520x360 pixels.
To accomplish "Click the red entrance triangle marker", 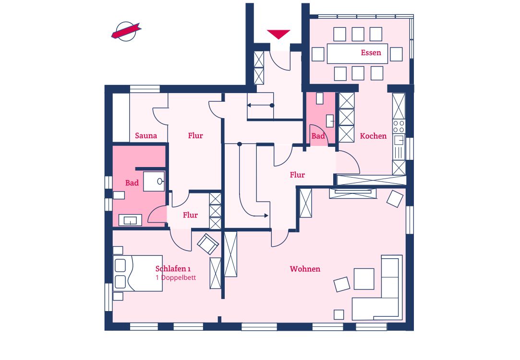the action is pyautogui.click(x=278, y=34).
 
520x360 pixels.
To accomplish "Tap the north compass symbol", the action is pyautogui.click(x=126, y=32).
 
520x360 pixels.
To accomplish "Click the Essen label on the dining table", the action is pyautogui.click(x=371, y=52).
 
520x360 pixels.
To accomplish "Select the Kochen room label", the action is pyautogui.click(x=373, y=136).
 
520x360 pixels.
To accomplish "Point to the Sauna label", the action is pyautogui.click(x=146, y=135).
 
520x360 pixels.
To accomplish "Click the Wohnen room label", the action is pyautogui.click(x=305, y=269).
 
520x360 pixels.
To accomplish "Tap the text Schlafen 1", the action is pyautogui.click(x=173, y=268).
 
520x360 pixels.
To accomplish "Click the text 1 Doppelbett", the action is pyautogui.click(x=176, y=277).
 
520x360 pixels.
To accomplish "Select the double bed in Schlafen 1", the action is pyautogui.click(x=138, y=273).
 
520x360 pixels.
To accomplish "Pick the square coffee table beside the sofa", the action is pyautogui.click(x=364, y=279).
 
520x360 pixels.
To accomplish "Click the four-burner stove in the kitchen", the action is pyautogui.click(x=399, y=126).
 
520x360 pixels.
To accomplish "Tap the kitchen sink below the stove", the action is pyautogui.click(x=399, y=140).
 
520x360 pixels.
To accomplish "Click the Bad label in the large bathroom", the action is pyautogui.click(x=132, y=183).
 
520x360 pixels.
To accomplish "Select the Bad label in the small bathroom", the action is pyautogui.click(x=318, y=136).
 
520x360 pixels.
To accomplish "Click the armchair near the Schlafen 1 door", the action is pyautogui.click(x=208, y=244).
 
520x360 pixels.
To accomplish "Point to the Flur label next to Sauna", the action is pyautogui.click(x=195, y=135).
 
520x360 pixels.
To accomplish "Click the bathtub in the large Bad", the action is pyautogui.click(x=130, y=220).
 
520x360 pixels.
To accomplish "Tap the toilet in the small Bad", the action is pyautogui.click(x=320, y=98).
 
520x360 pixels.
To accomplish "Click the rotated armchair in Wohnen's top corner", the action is pyautogui.click(x=395, y=199).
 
